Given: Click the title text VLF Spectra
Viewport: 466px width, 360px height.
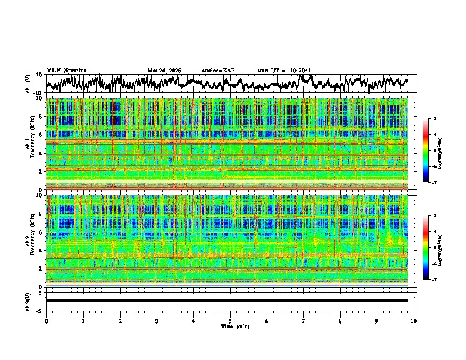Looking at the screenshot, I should pyautogui.click(x=66, y=70).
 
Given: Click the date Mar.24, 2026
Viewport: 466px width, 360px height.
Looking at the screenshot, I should pyautogui.click(x=164, y=71).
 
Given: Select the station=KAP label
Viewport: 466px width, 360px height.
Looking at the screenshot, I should pyautogui.click(x=218, y=71).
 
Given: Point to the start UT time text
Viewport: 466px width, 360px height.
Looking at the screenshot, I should pyautogui.click(x=284, y=71).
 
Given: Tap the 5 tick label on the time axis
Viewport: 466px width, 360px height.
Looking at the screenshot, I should pyautogui.click(x=230, y=321).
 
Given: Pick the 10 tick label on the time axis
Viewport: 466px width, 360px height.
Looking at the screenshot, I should pyautogui.click(x=414, y=321).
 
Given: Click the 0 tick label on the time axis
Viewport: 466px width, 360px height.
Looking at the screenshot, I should pyautogui.click(x=46, y=321).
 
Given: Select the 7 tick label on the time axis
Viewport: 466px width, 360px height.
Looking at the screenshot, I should pyautogui.click(x=304, y=321).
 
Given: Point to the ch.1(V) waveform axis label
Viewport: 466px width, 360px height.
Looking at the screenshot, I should pyautogui.click(x=28, y=84).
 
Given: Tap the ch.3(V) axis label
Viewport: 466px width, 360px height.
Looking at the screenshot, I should pyautogui.click(x=28, y=301).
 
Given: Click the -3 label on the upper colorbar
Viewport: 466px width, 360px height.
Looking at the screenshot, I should pyautogui.click(x=434, y=119).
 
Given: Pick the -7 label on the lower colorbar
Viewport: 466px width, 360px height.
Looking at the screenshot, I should pyautogui.click(x=434, y=280).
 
